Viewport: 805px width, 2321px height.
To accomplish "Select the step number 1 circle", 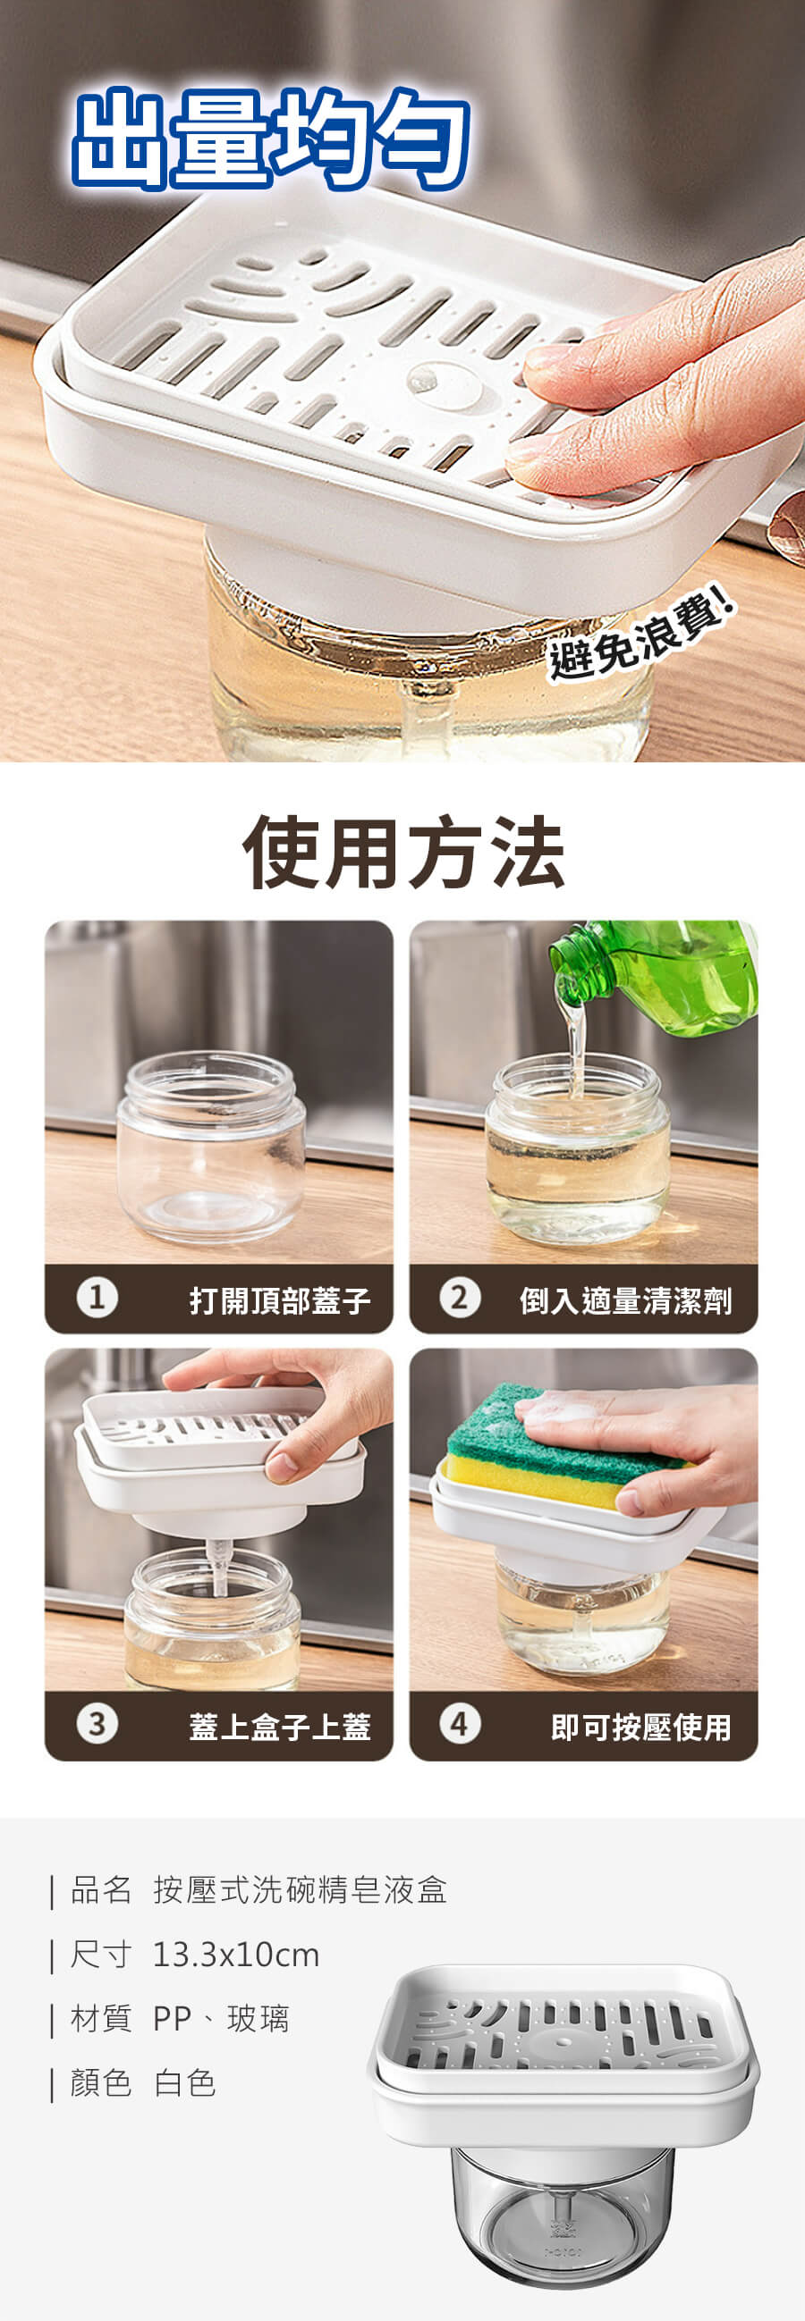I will tap(97, 1299).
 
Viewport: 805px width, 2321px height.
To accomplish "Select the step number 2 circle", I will tap(460, 1299).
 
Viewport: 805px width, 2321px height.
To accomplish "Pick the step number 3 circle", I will tap(97, 1724).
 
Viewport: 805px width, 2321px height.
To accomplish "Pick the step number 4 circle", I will tap(460, 1724).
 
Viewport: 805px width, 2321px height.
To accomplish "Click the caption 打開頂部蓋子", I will tap(279, 1300).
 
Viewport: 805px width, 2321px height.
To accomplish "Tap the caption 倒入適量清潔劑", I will tap(625, 1300).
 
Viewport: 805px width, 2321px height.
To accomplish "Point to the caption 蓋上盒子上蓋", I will tap(279, 1726).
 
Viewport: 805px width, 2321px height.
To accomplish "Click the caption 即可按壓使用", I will tap(641, 1726).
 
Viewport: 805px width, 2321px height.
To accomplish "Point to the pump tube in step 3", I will tap(217, 1568).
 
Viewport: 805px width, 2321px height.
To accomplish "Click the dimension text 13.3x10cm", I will tap(236, 1955).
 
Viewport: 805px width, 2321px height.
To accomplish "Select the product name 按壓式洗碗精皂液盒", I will tap(301, 1889).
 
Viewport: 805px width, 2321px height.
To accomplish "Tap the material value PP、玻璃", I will tap(221, 2019).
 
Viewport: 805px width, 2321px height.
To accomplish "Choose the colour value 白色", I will tap(185, 2083).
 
